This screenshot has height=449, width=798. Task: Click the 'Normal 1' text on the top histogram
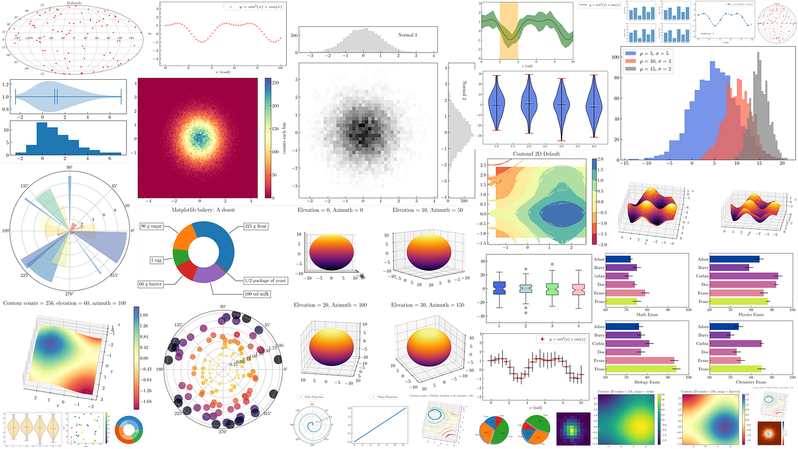pos(408,35)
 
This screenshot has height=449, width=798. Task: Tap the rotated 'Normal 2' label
pos(463,91)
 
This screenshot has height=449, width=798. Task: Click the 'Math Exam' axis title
pos(646,314)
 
